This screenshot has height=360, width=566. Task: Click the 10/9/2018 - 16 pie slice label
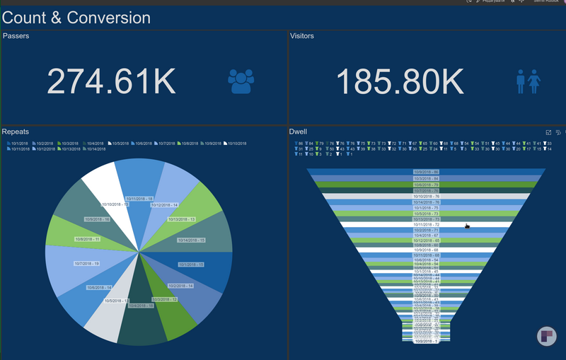click(97, 219)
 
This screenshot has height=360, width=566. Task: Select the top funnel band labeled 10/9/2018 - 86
click(426, 172)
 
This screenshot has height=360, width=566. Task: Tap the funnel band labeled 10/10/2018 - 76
click(426, 196)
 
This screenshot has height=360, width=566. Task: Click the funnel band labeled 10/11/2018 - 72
click(426, 224)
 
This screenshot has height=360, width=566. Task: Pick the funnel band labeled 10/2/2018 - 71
click(426, 230)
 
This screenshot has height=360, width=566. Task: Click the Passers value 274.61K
click(111, 81)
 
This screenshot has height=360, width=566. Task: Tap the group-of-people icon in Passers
click(241, 81)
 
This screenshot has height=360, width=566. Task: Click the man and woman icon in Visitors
click(529, 81)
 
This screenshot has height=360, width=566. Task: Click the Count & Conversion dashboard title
click(76, 18)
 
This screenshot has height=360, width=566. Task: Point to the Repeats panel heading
click(16, 132)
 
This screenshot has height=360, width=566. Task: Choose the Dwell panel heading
click(297, 132)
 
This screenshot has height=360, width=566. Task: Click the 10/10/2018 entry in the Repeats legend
click(236, 144)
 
